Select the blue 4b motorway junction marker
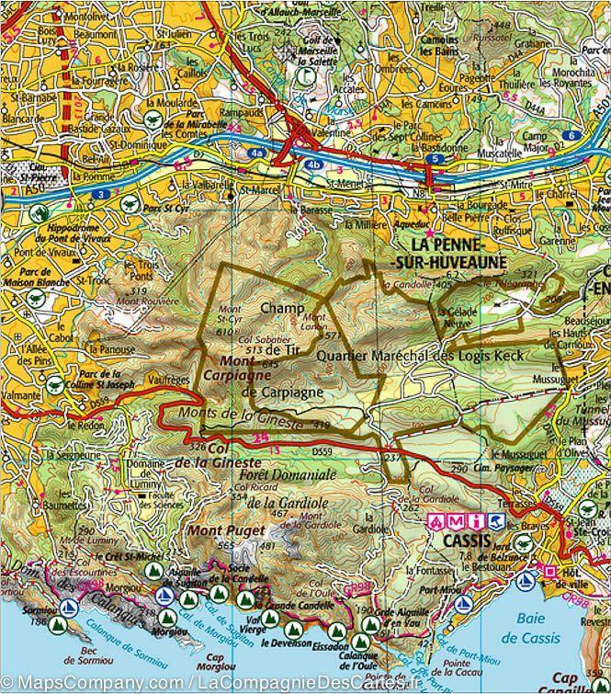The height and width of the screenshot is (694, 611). (x=314, y=166)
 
